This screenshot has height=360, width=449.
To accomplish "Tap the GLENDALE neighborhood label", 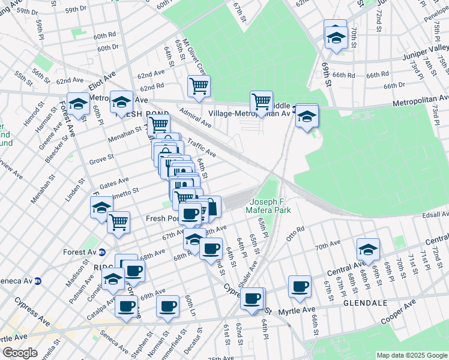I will [x=365, y=303].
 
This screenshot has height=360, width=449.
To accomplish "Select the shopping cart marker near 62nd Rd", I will [x=199, y=85].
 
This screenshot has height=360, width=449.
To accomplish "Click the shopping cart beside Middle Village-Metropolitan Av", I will [x=261, y=101].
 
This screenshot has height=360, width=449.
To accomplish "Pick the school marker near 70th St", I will [x=336, y=38].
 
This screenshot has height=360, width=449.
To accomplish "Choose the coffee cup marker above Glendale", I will [x=299, y=286].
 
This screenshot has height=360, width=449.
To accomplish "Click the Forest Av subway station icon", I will [x=102, y=252].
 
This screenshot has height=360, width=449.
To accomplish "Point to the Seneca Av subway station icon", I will [x=37, y=280].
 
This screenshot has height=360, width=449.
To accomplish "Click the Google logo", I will [x=20, y=353].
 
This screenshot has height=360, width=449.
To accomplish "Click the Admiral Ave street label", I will [x=195, y=118].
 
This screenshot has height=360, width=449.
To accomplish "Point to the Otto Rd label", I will [x=296, y=232].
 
